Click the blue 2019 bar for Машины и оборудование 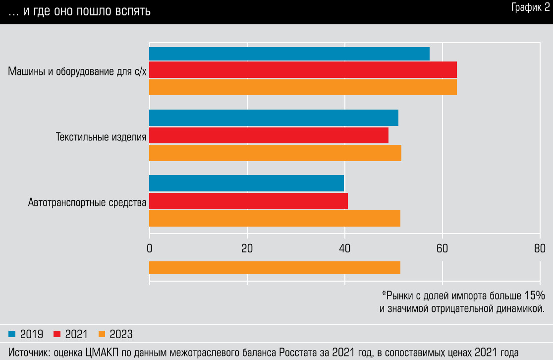289,54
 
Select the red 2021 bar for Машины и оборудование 302,70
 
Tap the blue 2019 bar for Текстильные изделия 274,118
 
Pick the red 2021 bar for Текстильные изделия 269,135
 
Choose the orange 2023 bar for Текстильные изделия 275,152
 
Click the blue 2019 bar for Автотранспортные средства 246,183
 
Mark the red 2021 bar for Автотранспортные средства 248,201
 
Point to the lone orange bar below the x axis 275,268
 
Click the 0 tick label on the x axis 149,249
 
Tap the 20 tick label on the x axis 247,249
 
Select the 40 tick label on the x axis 344,249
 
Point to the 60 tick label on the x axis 442,249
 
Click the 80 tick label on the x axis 540,249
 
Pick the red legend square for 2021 56,334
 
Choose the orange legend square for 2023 102,334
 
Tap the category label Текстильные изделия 101,137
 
